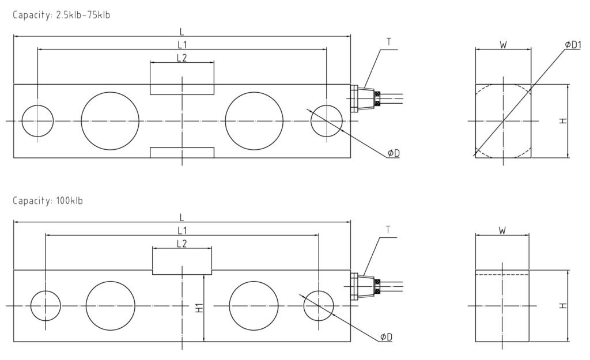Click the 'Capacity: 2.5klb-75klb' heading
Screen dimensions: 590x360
pyautogui.click(x=61, y=15)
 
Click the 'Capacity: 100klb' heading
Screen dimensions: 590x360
pyautogui.click(x=48, y=200)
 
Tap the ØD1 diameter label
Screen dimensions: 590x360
pyautogui.click(x=573, y=45)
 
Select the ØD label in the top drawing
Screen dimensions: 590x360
pyautogui.click(x=394, y=153)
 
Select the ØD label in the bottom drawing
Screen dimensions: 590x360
pyautogui.click(x=386, y=337)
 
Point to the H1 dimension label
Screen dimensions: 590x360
pyautogui.click(x=199, y=308)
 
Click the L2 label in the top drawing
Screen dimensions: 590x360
pyautogui.click(x=181, y=58)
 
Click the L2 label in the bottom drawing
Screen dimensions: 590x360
pyautogui.click(x=181, y=244)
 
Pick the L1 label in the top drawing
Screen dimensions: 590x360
pyautogui.click(x=182, y=45)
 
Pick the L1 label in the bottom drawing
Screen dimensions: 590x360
pyautogui.click(x=182, y=230)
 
